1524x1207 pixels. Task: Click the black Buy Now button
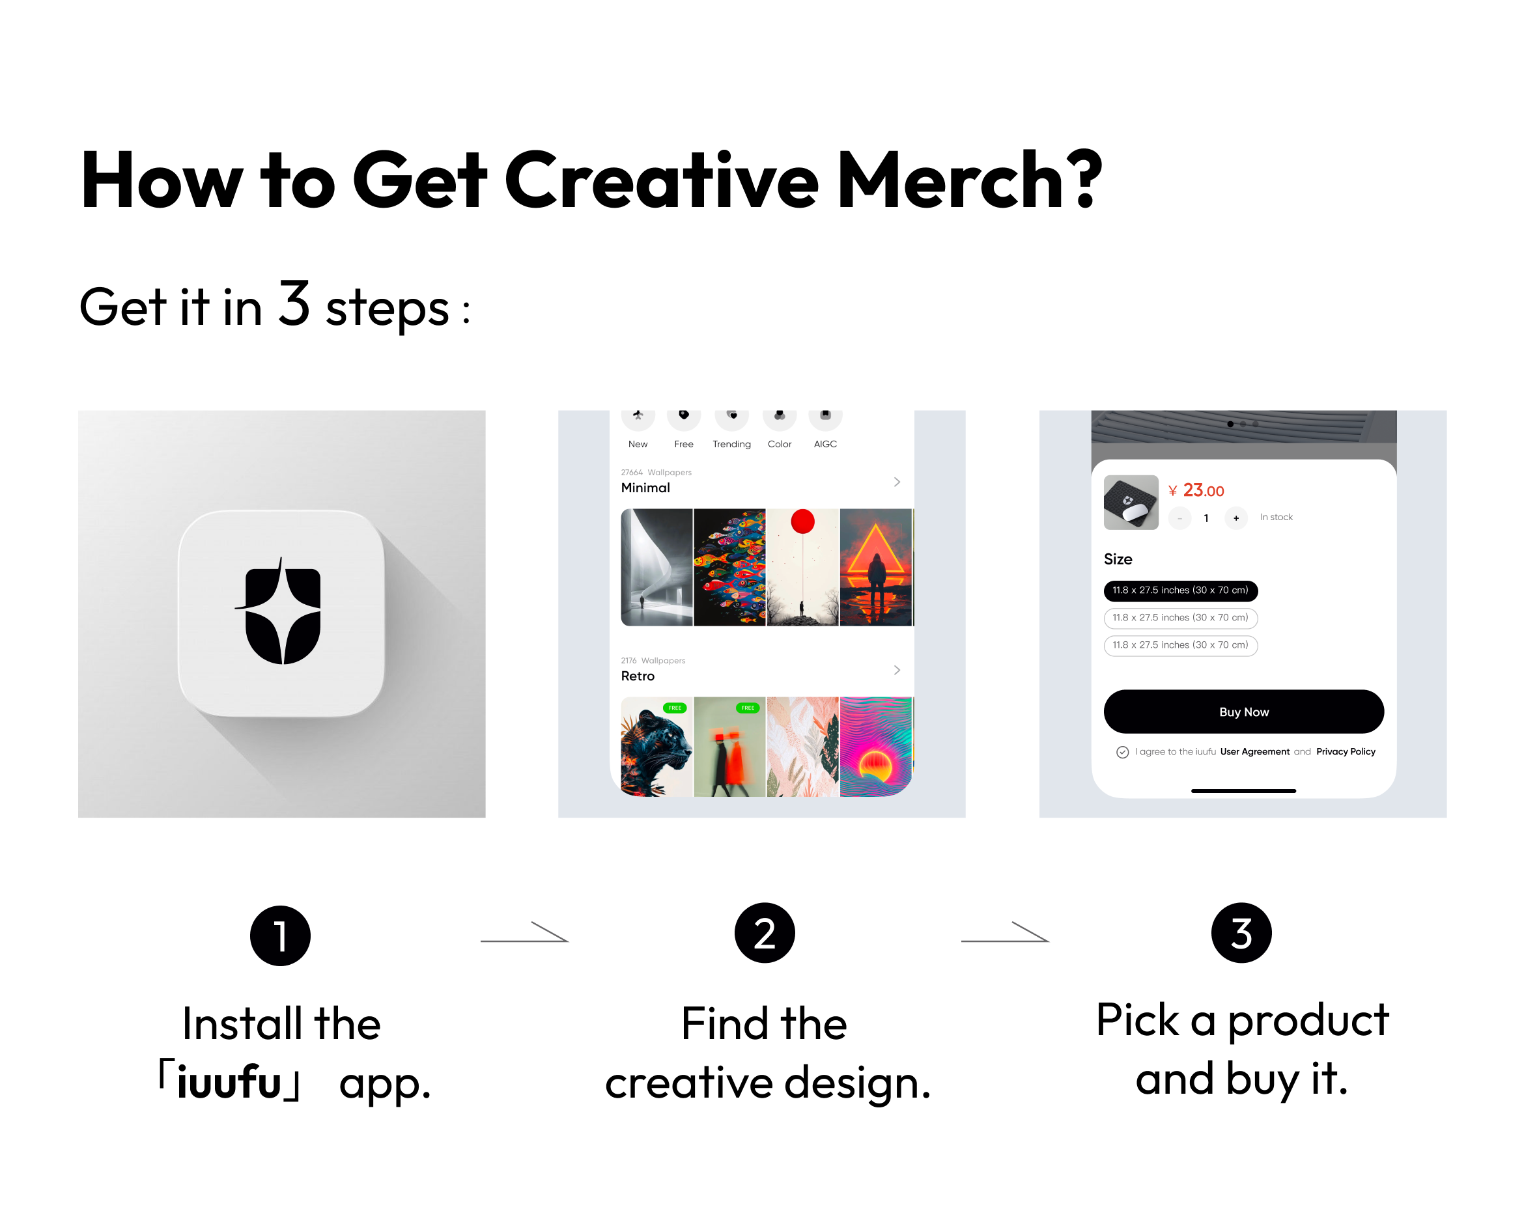coord(1243,712)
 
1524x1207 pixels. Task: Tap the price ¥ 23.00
coord(1196,490)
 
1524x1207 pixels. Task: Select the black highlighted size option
coord(1181,590)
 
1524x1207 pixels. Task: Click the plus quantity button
coord(1235,518)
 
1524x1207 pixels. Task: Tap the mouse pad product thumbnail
coord(1131,503)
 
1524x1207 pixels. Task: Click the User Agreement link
coord(1254,751)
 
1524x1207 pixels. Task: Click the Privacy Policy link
coord(1346,751)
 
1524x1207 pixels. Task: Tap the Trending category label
coord(731,444)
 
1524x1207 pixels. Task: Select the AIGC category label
coord(825,444)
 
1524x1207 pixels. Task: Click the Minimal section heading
coord(645,488)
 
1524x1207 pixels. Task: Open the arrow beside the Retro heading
coord(897,670)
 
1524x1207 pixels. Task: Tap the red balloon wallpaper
coord(803,568)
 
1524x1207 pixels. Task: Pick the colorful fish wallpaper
coord(729,568)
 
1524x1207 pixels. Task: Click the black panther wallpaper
coord(656,747)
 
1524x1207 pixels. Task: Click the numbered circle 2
coord(765,933)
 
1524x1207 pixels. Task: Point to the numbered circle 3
coord(1241,933)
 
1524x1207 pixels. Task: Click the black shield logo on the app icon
coord(281,612)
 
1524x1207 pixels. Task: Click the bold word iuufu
coord(229,1081)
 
